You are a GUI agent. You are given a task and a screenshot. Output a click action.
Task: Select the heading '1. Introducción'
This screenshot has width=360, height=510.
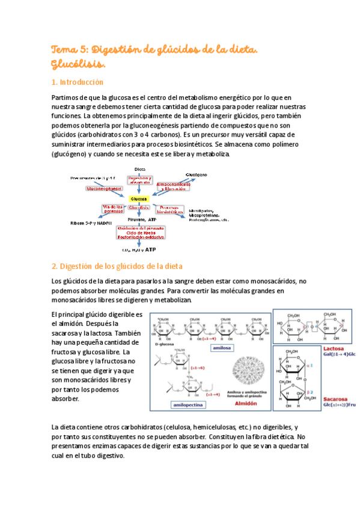(x=78, y=82)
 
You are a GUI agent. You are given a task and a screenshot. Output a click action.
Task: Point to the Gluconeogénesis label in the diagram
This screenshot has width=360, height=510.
(x=103, y=188)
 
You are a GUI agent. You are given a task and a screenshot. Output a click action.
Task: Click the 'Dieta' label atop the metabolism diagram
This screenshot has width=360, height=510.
(x=139, y=169)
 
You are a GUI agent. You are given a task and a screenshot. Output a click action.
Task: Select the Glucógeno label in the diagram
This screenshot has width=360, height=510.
(x=197, y=174)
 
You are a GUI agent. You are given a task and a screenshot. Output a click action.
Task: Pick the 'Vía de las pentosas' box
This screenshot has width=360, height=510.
(x=113, y=209)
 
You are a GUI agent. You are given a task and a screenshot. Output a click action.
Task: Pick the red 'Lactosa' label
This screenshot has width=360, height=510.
(x=334, y=348)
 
